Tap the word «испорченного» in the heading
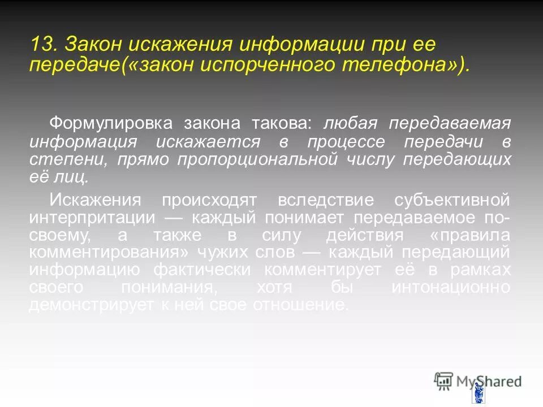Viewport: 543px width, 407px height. coord(265,64)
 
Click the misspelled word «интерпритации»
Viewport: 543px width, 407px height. coord(93,218)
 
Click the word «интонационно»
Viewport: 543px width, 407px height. coord(451,287)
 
